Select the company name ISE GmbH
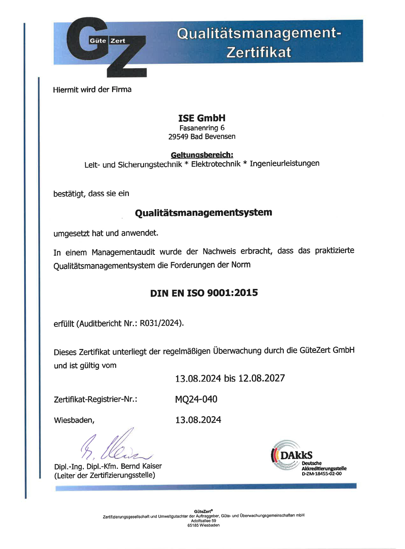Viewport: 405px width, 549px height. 202,118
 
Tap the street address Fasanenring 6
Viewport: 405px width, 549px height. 202,128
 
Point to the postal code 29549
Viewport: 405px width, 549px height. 178,137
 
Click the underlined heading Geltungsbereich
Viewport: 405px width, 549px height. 202,155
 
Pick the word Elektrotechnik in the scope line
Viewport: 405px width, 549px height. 216,164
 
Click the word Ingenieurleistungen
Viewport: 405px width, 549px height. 284,164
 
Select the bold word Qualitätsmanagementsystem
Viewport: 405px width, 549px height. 203,212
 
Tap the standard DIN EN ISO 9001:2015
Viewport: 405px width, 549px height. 204,293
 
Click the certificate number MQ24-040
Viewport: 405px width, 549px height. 196,399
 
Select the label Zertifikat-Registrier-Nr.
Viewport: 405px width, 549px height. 96,399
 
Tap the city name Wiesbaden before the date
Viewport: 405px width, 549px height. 74,420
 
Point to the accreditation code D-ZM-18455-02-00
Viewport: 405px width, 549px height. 322,474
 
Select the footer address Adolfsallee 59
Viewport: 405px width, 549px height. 203,521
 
